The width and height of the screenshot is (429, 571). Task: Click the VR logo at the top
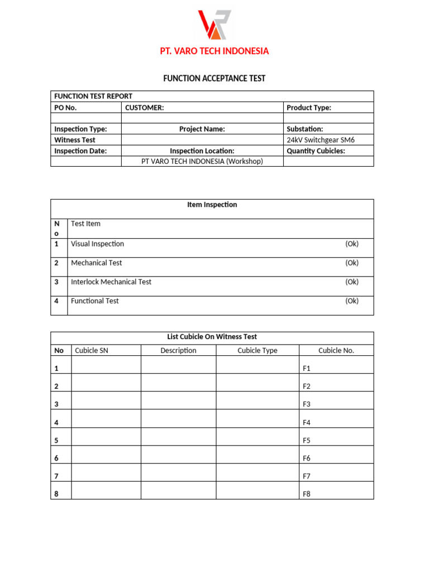[x=214, y=25]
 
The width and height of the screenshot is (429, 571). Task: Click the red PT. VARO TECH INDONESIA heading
[x=214, y=51]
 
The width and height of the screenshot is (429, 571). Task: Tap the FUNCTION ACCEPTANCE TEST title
[x=214, y=79]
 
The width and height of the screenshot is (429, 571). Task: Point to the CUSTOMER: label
[x=144, y=108]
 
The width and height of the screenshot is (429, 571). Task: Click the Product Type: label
[x=308, y=108]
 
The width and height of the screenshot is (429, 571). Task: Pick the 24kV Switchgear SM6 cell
[x=320, y=140]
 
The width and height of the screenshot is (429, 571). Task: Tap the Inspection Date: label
[x=80, y=151]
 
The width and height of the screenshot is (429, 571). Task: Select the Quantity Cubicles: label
[x=316, y=151]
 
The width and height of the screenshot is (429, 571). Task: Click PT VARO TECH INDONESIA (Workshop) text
[x=202, y=161]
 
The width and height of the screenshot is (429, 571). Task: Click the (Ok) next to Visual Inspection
[x=351, y=244]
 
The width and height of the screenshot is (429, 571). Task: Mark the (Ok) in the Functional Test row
[x=351, y=301]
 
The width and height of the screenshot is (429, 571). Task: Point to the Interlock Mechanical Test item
[x=111, y=282]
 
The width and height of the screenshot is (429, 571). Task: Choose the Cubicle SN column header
[x=91, y=350]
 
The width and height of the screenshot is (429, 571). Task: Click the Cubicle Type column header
[x=257, y=350]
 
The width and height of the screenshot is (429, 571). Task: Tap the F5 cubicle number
[x=306, y=441]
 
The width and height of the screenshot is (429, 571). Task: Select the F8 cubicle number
[x=306, y=494]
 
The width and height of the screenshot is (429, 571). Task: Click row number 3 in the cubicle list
[x=56, y=404]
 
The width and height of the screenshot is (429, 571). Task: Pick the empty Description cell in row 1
[x=178, y=365]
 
